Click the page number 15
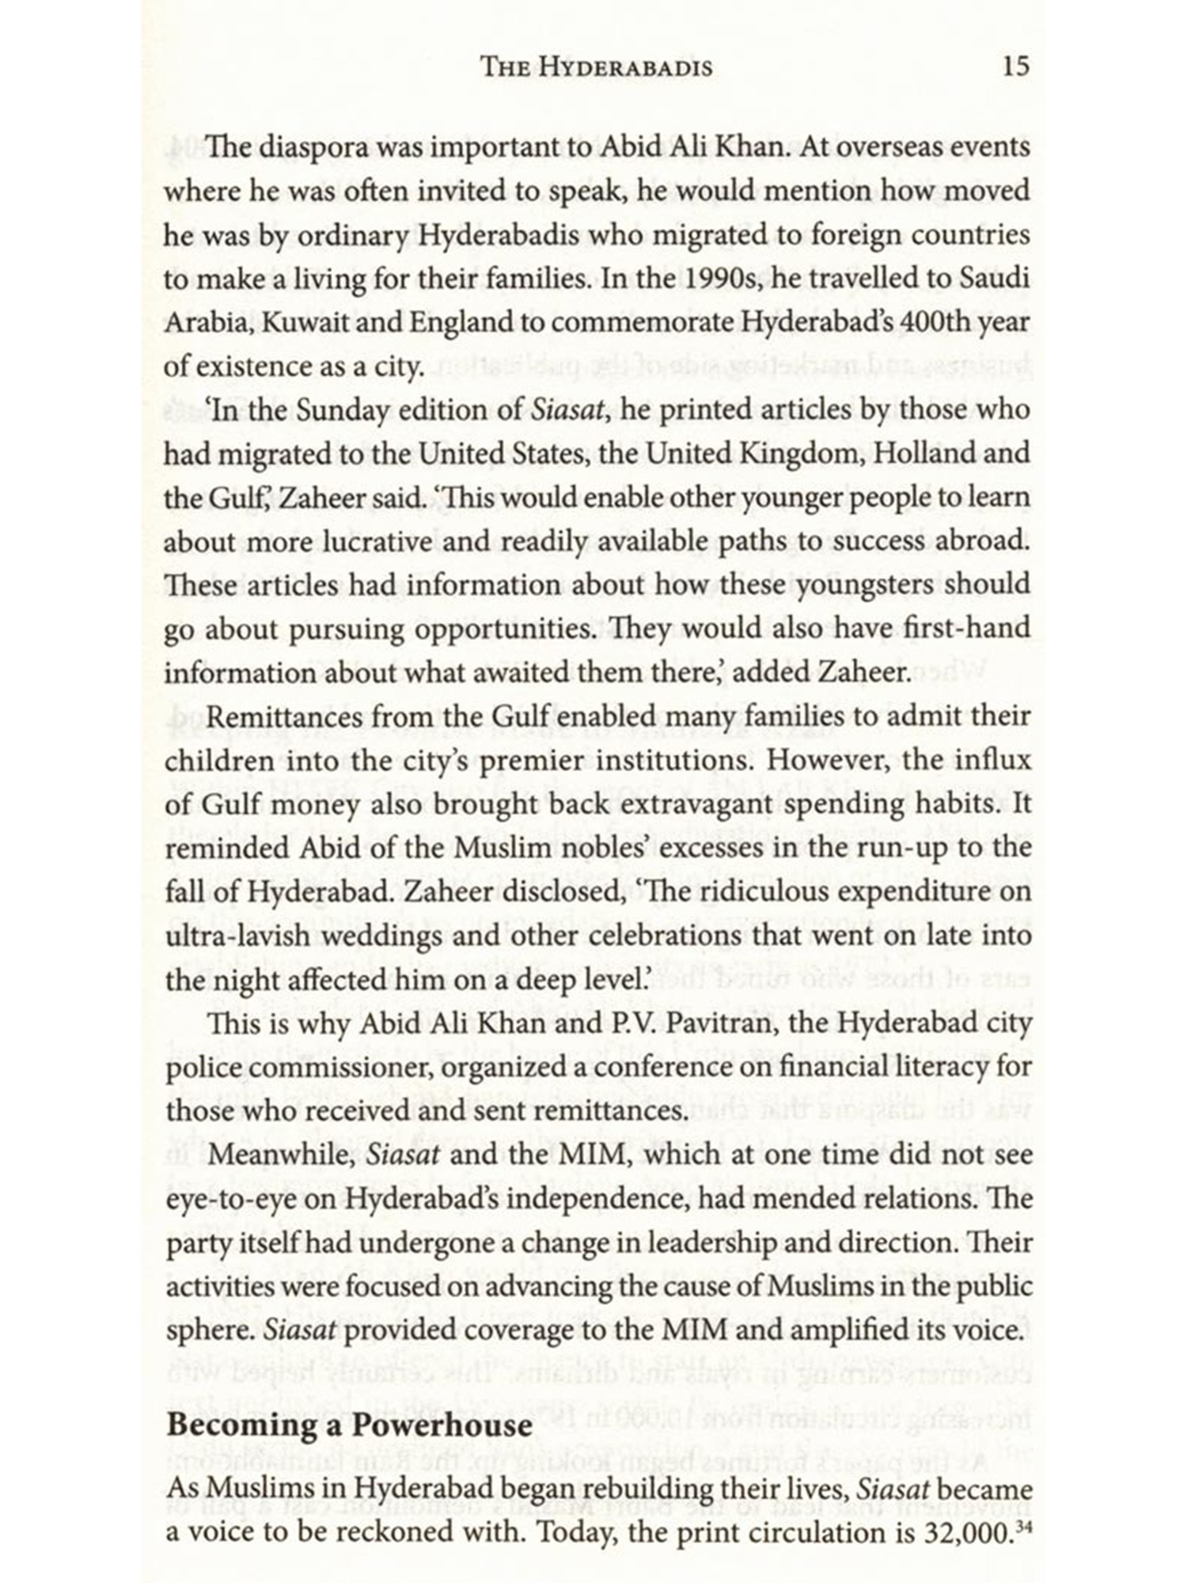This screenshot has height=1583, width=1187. click(x=1015, y=66)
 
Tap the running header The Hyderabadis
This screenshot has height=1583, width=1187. click(x=597, y=67)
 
